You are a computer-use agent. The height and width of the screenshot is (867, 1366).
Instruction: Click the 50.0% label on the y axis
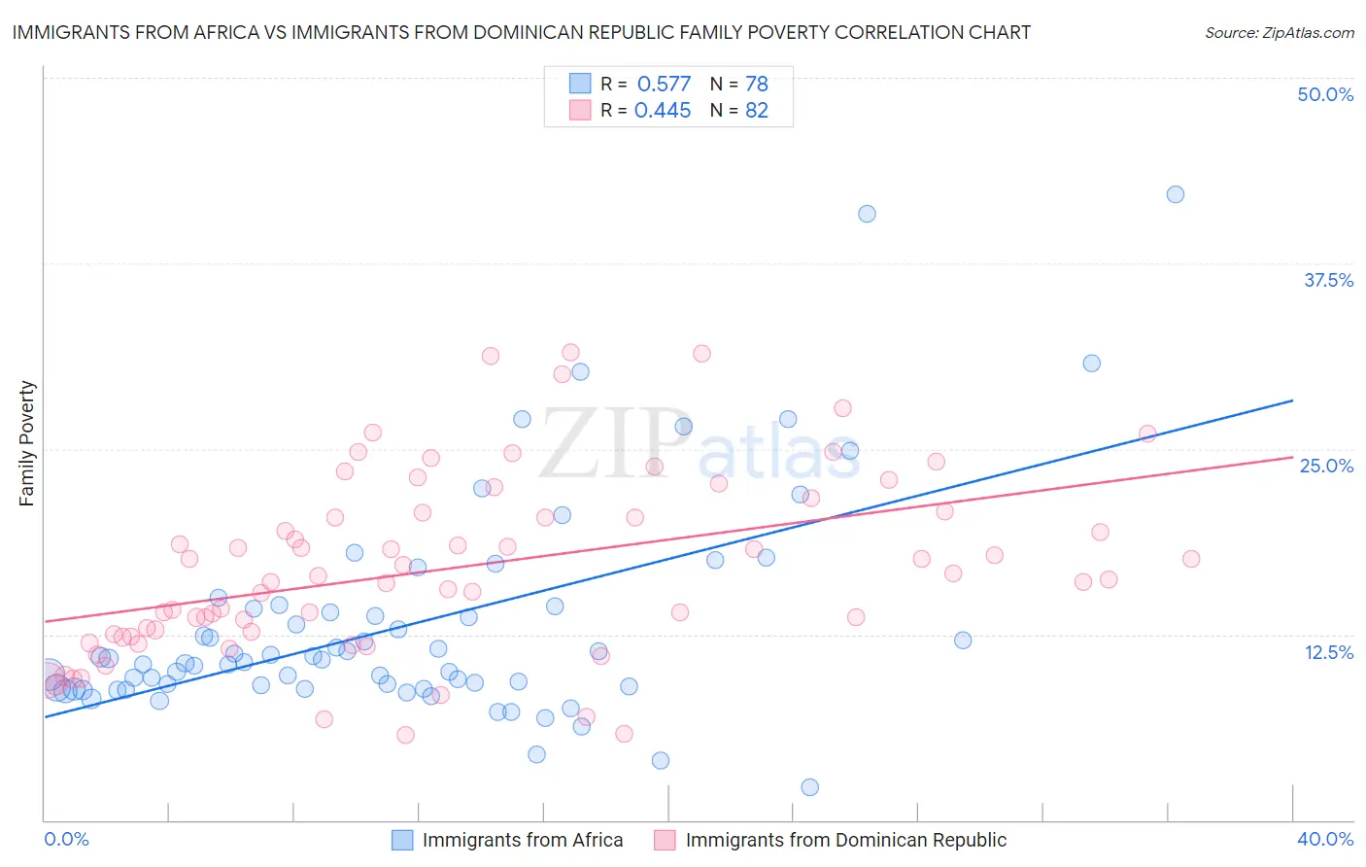1325,94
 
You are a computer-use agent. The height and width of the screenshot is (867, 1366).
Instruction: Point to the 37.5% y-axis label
1328,280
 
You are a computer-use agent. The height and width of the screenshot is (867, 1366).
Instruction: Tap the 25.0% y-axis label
1326,466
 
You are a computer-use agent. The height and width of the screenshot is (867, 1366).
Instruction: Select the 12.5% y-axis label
1328,652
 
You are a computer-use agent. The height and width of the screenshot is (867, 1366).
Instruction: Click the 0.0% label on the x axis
67,839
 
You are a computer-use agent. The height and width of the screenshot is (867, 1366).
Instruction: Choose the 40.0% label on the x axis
1325,839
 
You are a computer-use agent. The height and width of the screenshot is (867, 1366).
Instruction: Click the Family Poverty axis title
27,443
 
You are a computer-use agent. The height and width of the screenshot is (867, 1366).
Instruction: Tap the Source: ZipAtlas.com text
1279,33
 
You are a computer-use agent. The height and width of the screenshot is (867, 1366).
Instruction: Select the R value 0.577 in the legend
664,85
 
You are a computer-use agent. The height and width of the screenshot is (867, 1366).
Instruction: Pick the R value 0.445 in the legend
663,111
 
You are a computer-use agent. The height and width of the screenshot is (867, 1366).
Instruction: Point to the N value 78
757,85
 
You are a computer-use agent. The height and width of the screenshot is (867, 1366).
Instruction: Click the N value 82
757,111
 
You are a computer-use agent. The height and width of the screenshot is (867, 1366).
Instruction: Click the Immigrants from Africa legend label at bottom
523,840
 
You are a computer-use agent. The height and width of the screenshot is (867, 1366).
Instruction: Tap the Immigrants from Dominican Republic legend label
845,840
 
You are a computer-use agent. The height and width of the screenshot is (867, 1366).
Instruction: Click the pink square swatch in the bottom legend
665,840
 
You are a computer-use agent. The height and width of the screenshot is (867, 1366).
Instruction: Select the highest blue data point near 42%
1176,194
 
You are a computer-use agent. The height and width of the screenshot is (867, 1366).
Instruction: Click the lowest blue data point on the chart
809,787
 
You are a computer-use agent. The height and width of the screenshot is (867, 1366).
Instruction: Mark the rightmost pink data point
1191,559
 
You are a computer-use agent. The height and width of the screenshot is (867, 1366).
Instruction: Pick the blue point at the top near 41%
867,214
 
